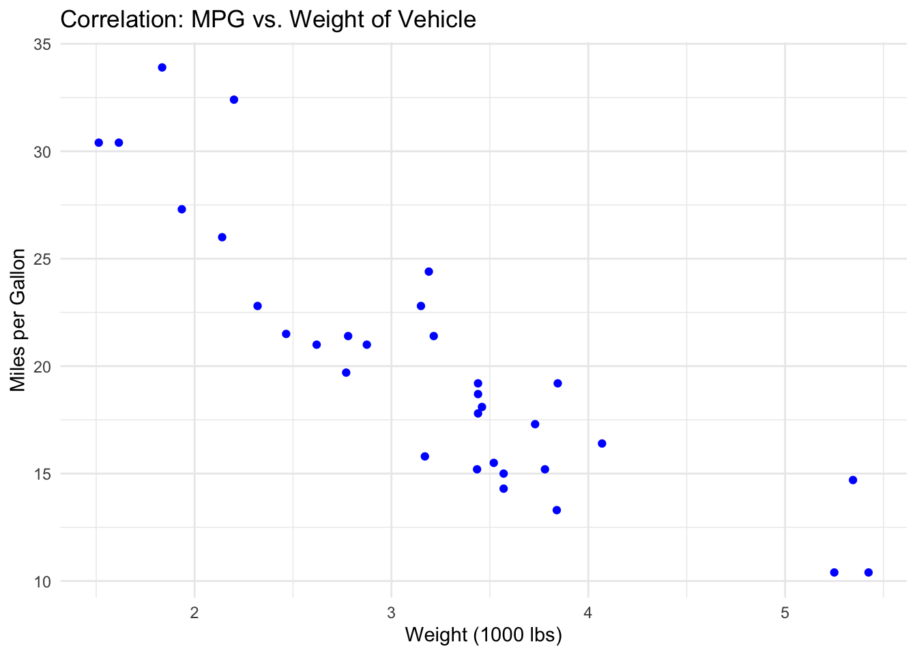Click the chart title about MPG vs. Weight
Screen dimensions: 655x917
(268, 19)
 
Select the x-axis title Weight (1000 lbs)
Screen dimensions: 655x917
(483, 635)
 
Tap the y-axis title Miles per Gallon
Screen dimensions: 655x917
(18, 321)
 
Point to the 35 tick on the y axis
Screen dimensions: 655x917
(42, 44)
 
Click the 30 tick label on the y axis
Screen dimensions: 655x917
(42, 151)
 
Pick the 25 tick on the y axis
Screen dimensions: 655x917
(42, 259)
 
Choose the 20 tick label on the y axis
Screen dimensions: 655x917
(42, 366)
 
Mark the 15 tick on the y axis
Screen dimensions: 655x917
(42, 474)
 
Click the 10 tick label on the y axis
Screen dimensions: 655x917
(42, 581)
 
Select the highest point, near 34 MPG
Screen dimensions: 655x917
(162, 68)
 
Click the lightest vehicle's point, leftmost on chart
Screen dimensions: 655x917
(99, 143)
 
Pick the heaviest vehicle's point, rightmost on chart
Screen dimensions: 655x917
(868, 572)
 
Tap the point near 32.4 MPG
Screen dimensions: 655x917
(234, 100)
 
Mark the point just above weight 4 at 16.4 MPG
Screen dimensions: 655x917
(602, 443)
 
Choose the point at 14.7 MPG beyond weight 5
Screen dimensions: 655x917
(853, 480)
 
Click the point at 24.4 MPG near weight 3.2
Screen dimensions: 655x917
(428, 272)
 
